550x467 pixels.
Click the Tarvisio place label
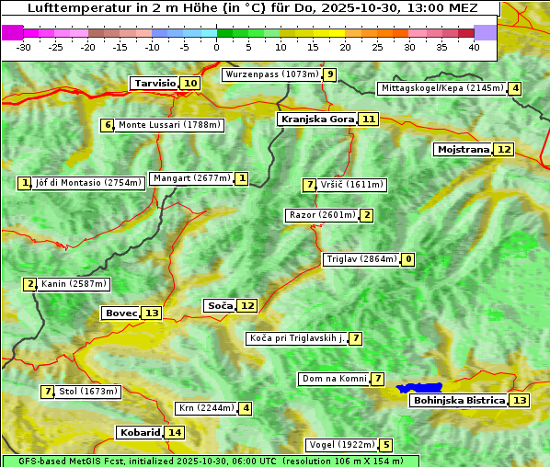coord(155,83)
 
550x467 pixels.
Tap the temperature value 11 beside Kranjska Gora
coord(369,119)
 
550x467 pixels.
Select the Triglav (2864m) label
coord(361,259)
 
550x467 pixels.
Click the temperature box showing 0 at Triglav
coord(408,259)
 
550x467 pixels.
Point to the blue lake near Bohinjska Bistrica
coord(420,389)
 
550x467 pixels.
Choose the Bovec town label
coord(120,313)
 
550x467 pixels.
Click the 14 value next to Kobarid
coord(175,432)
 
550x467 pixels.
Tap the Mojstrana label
coord(463,149)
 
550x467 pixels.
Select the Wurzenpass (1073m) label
coord(272,74)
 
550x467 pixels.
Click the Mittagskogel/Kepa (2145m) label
coord(442,88)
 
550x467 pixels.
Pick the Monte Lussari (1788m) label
coord(170,125)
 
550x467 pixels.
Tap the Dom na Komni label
coord(334,379)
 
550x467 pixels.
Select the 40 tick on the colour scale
coord(474,47)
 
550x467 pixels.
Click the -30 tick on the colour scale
coord(24,47)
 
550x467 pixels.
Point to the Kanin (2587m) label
coord(74,284)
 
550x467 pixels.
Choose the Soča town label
coord(220,305)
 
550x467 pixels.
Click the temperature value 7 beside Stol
coord(47,392)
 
